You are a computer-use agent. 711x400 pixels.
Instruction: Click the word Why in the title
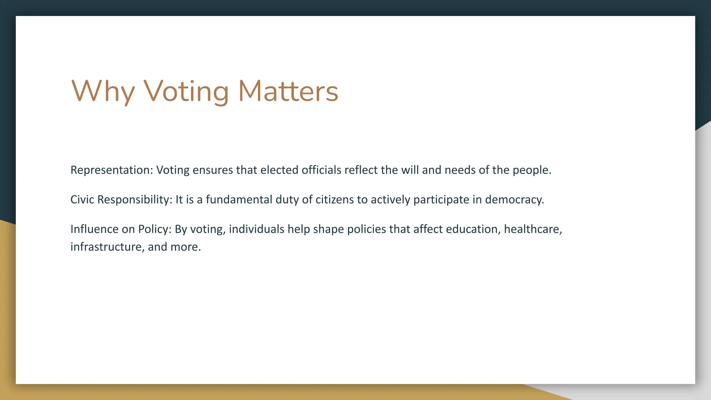103,91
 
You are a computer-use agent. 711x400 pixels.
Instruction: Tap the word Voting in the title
186,91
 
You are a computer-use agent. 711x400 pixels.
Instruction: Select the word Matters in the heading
288,91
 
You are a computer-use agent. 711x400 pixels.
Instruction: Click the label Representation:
111,170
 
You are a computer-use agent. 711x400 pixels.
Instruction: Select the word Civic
82,200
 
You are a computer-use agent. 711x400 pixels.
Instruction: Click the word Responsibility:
135,200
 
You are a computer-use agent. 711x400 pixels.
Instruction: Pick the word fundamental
239,200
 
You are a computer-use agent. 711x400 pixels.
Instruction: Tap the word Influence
94,229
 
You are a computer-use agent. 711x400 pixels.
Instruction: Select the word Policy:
155,230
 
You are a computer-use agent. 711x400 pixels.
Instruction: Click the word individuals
257,229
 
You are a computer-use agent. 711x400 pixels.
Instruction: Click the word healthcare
532,229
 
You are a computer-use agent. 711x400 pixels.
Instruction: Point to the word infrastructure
106,247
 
